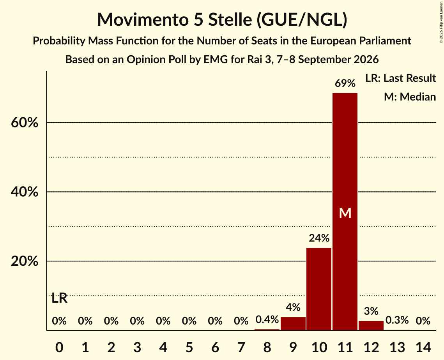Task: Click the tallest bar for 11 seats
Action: coord(345,212)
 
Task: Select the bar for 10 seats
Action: coord(319,289)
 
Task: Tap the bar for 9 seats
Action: coord(293,323)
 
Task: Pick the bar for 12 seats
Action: coord(371,325)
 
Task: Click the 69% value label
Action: coord(345,83)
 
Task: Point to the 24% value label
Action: coord(319,238)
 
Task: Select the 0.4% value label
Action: coord(267,319)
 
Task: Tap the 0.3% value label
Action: coord(397,320)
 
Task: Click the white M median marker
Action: coord(345,213)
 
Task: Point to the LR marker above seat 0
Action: coord(60,298)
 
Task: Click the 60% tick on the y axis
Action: coord(25,123)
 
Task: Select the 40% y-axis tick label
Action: coord(25,192)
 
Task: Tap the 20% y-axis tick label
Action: coord(25,261)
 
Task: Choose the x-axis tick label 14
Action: coord(423,347)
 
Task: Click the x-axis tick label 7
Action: coord(241,347)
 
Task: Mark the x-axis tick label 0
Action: coord(59,347)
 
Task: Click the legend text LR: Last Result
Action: coord(400,78)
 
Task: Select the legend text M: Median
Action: coord(410,97)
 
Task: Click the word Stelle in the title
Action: coord(230,19)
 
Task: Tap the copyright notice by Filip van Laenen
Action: coord(441,23)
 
